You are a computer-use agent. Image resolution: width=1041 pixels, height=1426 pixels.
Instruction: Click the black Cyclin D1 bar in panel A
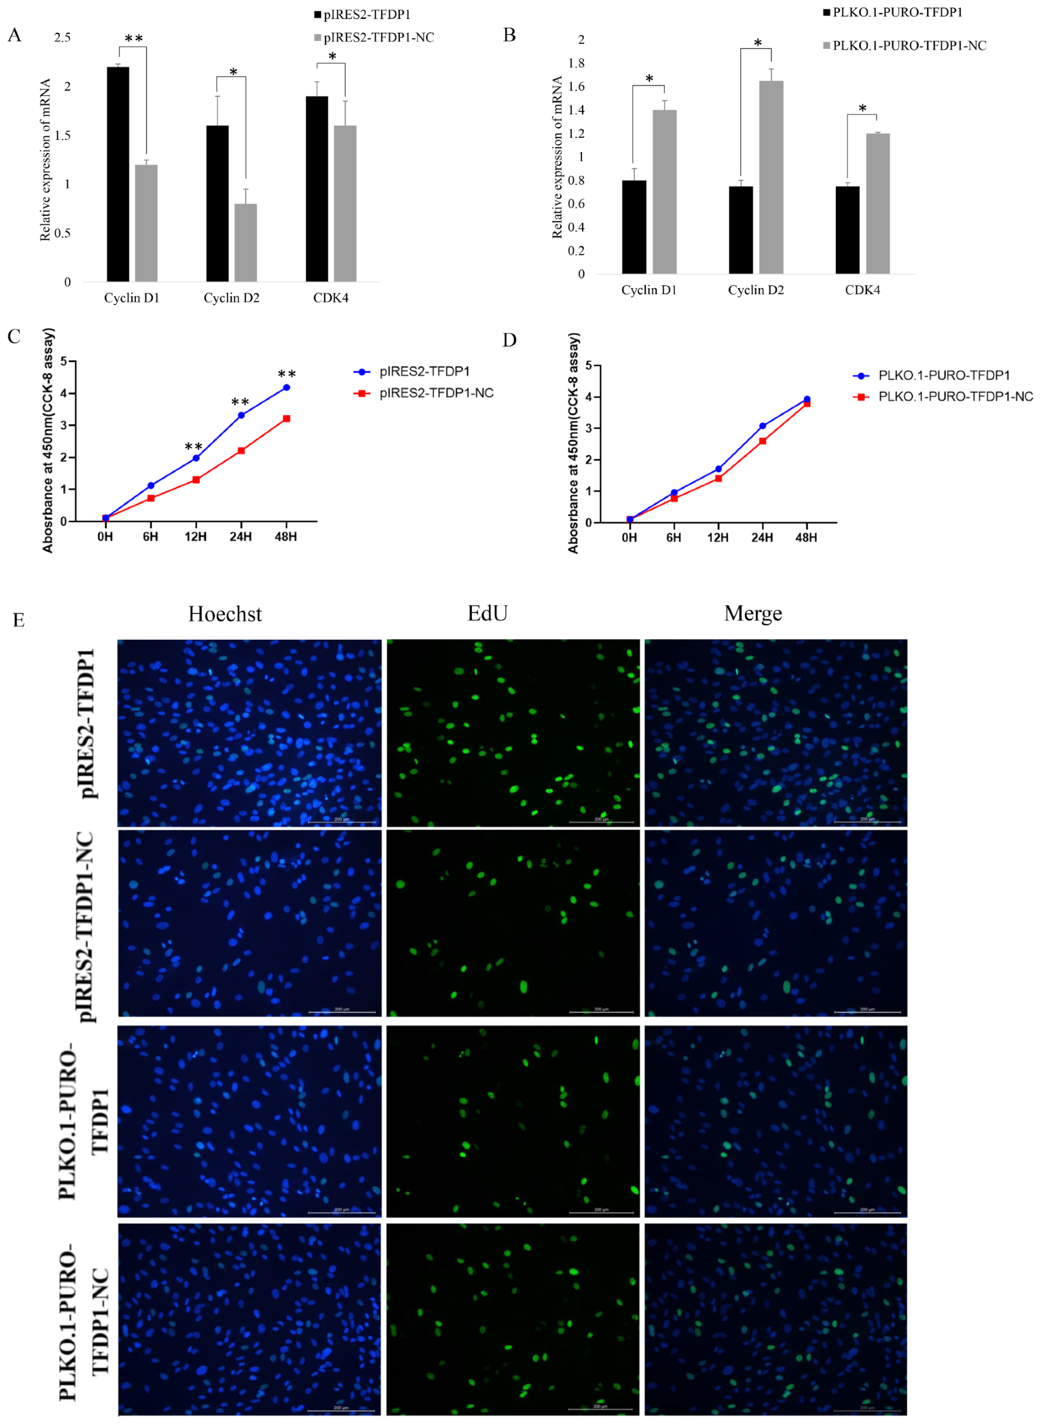click(118, 174)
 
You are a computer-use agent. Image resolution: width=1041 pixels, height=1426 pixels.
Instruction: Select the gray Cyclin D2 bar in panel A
click(246, 242)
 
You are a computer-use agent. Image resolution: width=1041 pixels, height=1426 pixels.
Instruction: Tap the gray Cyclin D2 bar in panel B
click(771, 177)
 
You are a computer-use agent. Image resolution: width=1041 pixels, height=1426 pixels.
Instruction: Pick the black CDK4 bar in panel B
click(847, 229)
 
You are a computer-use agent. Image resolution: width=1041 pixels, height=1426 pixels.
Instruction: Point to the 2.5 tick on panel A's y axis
click(62, 38)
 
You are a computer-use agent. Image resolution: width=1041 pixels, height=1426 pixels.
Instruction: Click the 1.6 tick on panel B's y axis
click(576, 86)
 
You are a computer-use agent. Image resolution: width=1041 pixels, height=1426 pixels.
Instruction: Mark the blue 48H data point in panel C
click(286, 387)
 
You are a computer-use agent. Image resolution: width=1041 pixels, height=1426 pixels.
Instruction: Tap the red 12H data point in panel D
click(718, 479)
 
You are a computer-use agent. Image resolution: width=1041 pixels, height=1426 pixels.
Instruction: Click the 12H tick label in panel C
click(195, 536)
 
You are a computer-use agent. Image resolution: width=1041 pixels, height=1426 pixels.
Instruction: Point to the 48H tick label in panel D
click(806, 537)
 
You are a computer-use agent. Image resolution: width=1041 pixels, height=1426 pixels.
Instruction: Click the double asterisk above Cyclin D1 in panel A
click(133, 39)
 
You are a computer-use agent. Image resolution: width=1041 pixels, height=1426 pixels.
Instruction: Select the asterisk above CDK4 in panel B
click(862, 108)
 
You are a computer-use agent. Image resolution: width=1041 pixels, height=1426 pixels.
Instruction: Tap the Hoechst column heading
click(225, 614)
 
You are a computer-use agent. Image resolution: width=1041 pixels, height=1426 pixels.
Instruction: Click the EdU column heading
click(487, 613)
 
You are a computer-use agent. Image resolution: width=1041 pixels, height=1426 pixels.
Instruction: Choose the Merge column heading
click(753, 613)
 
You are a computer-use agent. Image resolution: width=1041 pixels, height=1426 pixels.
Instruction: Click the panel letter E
click(19, 621)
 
